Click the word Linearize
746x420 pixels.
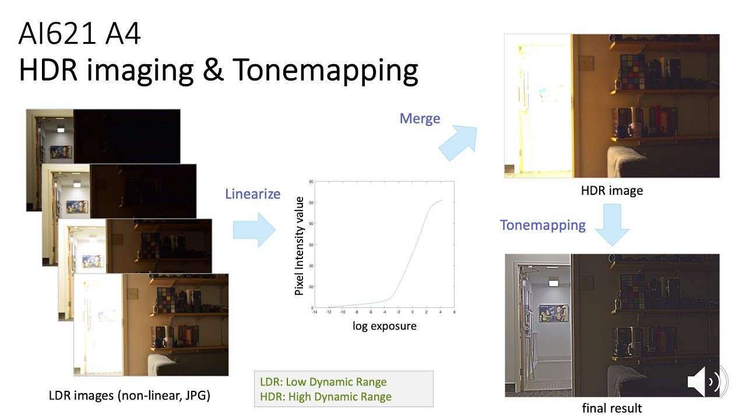coord(252,194)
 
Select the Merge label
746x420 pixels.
coord(420,118)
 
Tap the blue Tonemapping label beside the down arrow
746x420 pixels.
coord(543,225)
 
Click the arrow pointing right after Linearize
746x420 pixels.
coord(255,229)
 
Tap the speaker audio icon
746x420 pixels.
coord(706,381)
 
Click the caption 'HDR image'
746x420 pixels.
coord(611,191)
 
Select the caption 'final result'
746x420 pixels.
coord(612,408)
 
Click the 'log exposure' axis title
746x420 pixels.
coord(385,326)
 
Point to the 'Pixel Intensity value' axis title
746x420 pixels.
coord(300,246)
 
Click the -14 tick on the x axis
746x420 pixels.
coord(315,313)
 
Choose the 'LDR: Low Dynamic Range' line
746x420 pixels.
coord(323,382)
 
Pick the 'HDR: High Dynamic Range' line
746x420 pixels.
coord(326,397)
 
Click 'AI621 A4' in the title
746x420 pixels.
coord(80,35)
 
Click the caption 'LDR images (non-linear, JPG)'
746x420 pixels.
coord(129,395)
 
